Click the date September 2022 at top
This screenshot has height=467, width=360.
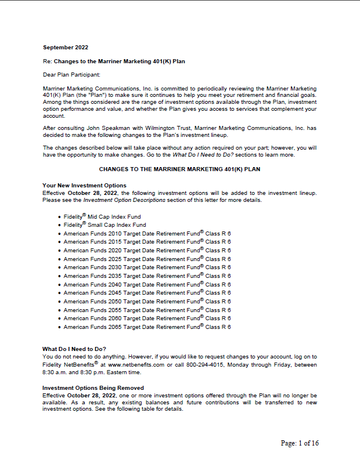point(66,47)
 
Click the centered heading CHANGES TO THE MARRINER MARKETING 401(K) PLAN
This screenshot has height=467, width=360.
point(180,169)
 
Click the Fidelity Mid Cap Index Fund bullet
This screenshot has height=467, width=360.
point(105,216)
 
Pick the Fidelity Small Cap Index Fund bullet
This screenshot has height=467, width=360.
point(106,225)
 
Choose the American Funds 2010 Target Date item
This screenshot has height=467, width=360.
point(147,233)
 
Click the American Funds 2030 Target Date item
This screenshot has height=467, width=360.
point(147,267)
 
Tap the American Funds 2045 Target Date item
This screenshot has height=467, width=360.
point(147,293)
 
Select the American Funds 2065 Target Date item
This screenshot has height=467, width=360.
point(147,327)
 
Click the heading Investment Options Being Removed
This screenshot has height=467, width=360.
point(93,388)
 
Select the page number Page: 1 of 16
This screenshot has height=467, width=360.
point(300,444)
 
